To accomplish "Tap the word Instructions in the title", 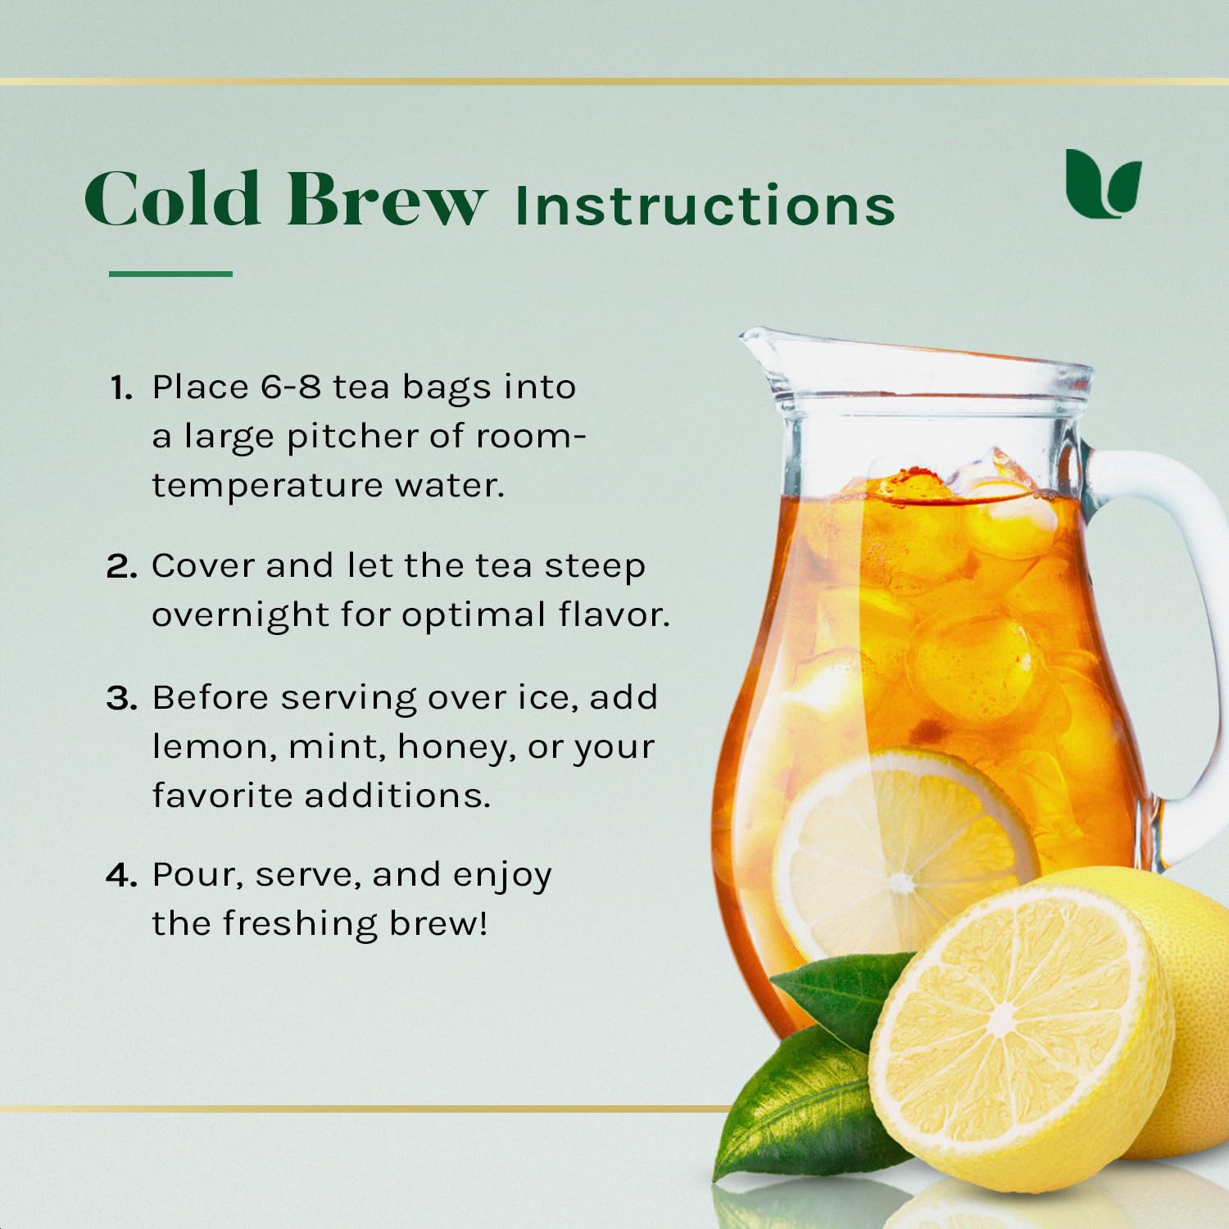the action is click(x=705, y=204).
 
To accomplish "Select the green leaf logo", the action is click(x=1103, y=184).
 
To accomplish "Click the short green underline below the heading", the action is click(x=170, y=274).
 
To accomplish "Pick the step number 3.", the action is click(x=121, y=698).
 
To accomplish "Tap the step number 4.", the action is click(x=121, y=876).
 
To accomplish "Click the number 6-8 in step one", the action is click(x=291, y=387).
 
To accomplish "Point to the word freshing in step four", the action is click(x=299, y=923).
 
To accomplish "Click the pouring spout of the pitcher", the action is click(x=758, y=344).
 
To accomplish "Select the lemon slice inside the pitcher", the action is click(x=901, y=852).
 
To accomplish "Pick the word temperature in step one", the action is click(x=267, y=486).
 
